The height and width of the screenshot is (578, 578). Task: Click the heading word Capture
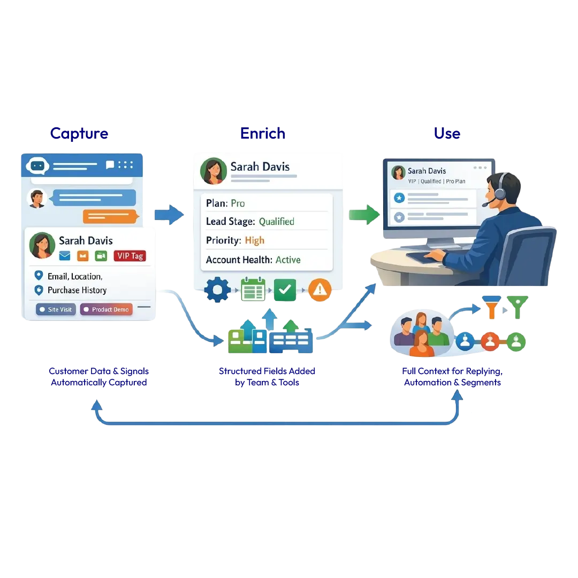[x=79, y=133]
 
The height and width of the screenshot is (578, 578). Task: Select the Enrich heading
[x=263, y=133]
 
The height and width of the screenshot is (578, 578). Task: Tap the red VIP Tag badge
[x=130, y=256]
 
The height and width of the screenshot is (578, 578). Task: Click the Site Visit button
[x=56, y=309]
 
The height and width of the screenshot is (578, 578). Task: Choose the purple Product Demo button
[x=106, y=309]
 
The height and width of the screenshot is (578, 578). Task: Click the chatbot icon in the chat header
[x=37, y=166]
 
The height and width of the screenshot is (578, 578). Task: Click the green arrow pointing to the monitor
[x=363, y=215]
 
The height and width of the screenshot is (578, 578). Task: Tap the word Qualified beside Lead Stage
[x=276, y=222]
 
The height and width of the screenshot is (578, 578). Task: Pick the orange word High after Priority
[x=255, y=240]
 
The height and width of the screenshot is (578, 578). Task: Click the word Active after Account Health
[x=288, y=260]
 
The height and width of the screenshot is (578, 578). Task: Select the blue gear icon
[x=217, y=290]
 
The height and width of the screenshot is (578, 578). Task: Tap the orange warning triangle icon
[x=320, y=290]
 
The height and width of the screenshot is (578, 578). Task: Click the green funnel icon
[x=518, y=307]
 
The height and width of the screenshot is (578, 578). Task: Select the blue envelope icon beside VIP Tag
[x=65, y=256]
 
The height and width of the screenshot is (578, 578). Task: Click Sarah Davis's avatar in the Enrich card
[x=213, y=171]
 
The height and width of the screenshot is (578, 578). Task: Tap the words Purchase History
[x=77, y=290]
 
